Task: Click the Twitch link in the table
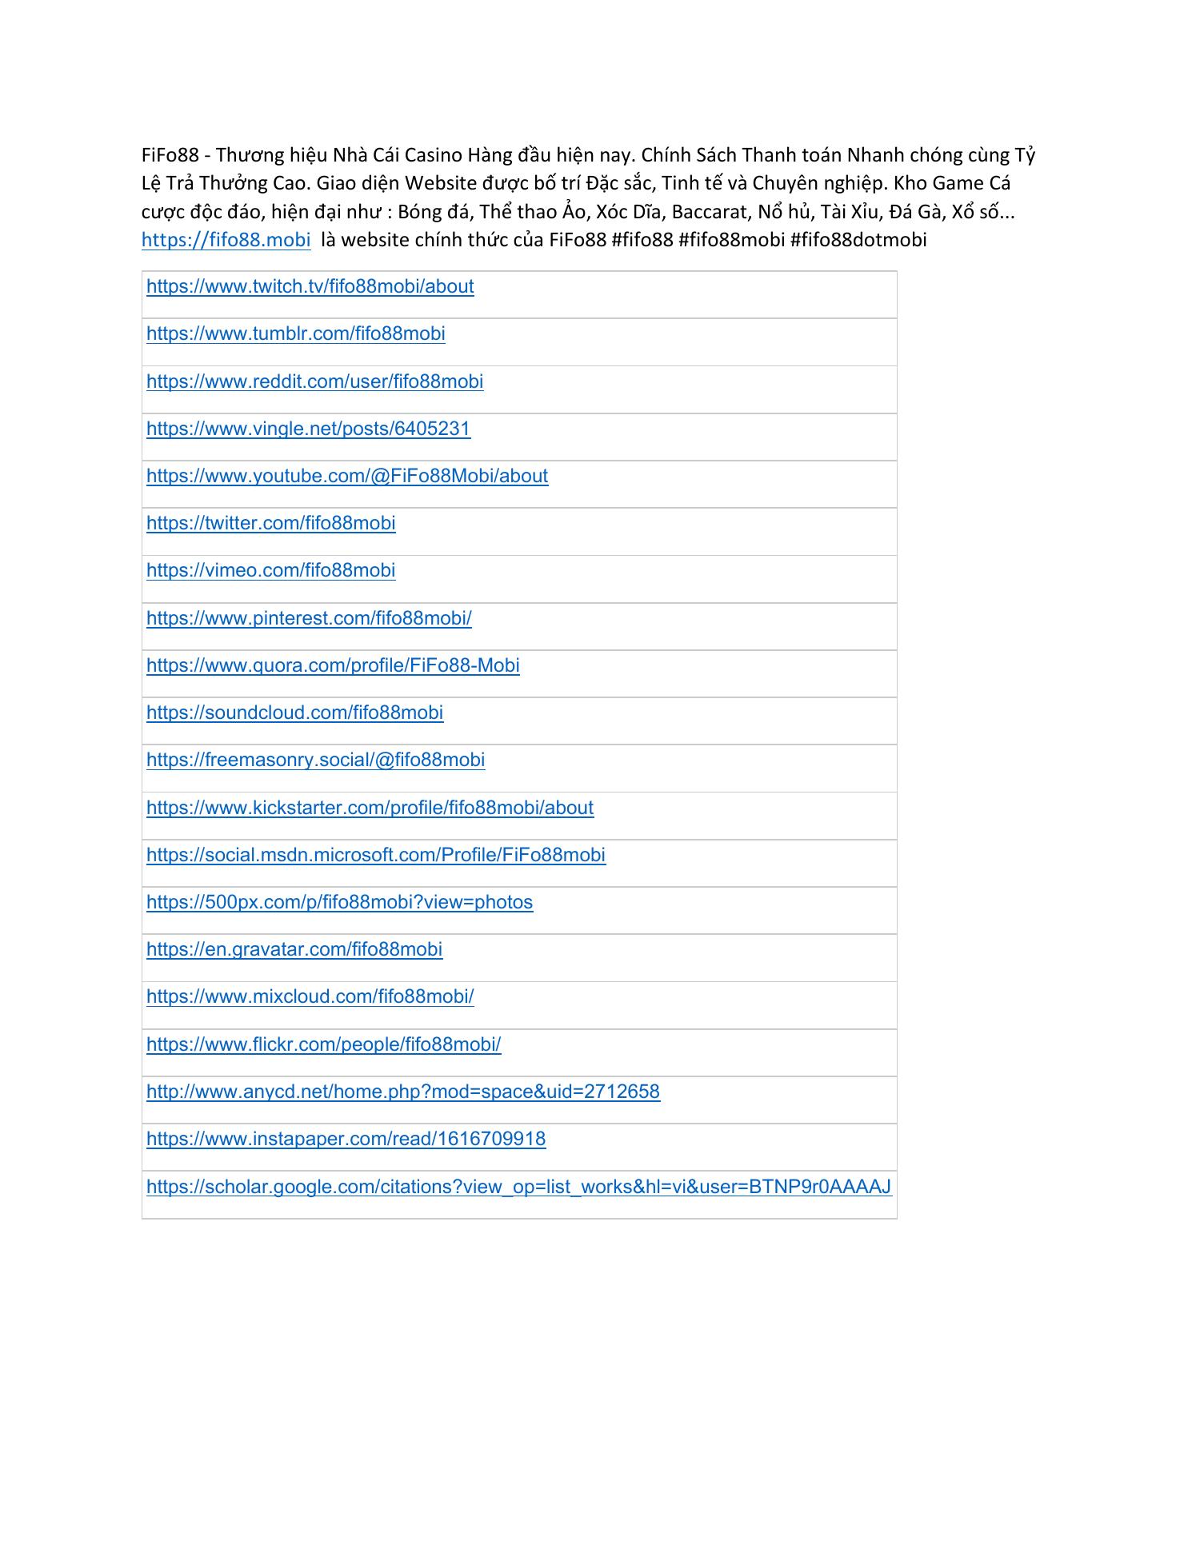[x=310, y=287]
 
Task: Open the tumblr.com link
[x=295, y=334]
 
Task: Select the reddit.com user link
[x=314, y=381]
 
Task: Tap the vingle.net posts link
[x=308, y=429]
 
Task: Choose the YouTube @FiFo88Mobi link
[x=347, y=476]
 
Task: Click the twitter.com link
[x=270, y=523]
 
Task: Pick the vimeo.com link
[x=270, y=570]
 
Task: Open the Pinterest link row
[x=309, y=618]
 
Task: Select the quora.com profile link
[x=333, y=665]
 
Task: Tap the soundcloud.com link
[x=294, y=713]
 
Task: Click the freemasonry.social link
[x=315, y=760]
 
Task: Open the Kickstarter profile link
[x=370, y=808]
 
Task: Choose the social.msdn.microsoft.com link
[x=375, y=855]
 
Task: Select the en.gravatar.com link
[x=294, y=949]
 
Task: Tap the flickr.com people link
[x=323, y=1044]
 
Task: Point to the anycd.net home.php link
[x=402, y=1092]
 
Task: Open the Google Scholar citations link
[x=518, y=1187]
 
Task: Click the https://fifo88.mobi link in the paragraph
[x=226, y=240]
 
